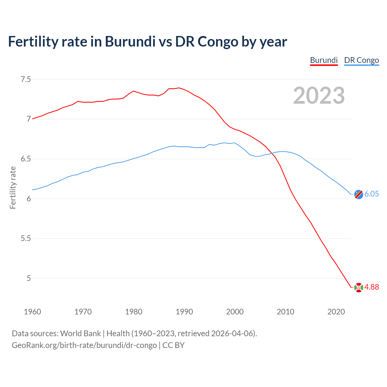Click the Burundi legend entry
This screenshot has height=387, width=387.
(x=324, y=60)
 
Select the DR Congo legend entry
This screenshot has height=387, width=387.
(x=361, y=60)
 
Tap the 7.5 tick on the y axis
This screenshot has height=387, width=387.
(x=25, y=79)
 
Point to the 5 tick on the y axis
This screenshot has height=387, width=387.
(x=29, y=278)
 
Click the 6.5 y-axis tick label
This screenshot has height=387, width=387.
(x=25, y=159)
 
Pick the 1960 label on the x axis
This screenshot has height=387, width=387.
(x=32, y=312)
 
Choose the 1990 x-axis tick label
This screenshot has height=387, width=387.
(x=184, y=312)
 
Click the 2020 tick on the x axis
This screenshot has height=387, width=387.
(x=336, y=312)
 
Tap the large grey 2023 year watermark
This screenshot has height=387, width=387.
(x=319, y=96)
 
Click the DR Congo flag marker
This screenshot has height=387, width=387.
(x=358, y=194)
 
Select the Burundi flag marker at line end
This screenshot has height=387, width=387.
(x=358, y=288)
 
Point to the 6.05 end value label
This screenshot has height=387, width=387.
(x=372, y=194)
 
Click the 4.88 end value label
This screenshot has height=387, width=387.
(x=372, y=287)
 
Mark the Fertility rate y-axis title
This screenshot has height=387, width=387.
(x=13, y=187)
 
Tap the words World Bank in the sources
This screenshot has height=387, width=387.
(x=80, y=333)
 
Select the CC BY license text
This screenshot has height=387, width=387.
(x=173, y=345)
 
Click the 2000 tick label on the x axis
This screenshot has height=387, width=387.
(x=235, y=312)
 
